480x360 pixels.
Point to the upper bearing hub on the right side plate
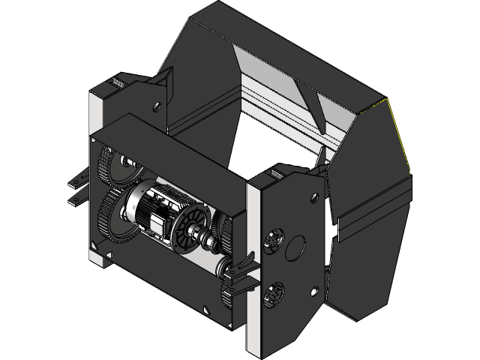[x=273, y=239]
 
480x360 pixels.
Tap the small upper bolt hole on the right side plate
[x=309, y=200]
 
